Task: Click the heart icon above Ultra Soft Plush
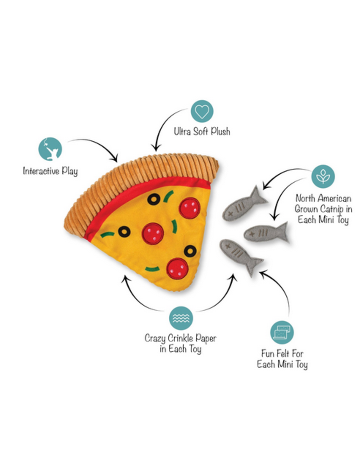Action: pos(202,111)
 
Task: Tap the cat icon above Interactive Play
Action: pos(50,149)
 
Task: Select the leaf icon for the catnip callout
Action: pos(323,176)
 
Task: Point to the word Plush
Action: pos(218,131)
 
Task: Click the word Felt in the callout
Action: pos(283,354)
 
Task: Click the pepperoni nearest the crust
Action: pos(189,208)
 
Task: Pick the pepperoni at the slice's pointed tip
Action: pos(177,268)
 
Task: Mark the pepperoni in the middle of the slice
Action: pos(153,233)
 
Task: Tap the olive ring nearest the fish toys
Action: pos(190,251)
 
